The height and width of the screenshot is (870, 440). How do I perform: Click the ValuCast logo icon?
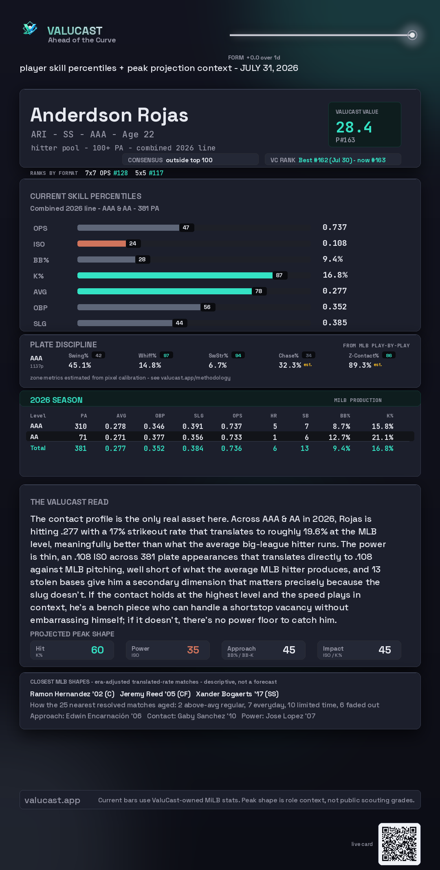coord(30,28)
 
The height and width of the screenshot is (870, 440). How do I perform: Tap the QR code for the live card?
coord(399,844)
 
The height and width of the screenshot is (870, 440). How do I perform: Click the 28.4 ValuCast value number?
coord(354,127)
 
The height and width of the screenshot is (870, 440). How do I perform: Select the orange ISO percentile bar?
coord(101,243)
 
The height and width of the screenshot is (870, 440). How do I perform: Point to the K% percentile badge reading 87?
coord(279,275)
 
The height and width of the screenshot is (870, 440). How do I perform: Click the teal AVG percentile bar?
coord(165,291)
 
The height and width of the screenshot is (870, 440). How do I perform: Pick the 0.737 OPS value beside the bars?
coord(334,227)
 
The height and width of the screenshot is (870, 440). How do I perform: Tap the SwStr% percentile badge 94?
coord(238,356)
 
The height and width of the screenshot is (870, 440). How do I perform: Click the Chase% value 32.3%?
coord(290,365)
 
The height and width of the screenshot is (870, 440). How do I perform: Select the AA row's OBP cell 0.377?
coord(154,437)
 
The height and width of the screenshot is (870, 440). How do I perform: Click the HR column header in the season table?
coord(274,416)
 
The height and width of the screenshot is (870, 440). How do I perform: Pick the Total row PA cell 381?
coord(81,448)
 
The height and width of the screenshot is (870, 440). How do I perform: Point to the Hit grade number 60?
coord(97,650)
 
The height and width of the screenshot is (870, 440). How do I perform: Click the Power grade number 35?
coord(193,650)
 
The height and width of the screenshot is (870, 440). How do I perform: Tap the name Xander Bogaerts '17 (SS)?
coord(237,694)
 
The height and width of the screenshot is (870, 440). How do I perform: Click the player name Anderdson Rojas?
coord(109,115)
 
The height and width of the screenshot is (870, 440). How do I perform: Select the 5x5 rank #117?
coord(156,173)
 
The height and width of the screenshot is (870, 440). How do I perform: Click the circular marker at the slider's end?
coord(412,35)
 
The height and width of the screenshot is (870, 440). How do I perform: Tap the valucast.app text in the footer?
coord(52,800)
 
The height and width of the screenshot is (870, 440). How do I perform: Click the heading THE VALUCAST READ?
coord(69,502)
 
